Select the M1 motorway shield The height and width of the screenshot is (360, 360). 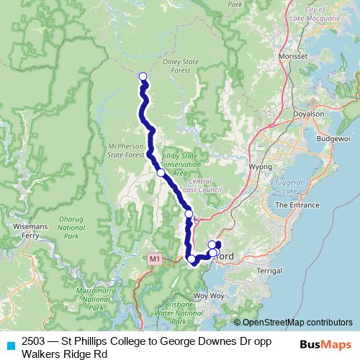coord(156,258)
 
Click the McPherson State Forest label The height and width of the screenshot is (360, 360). coord(126,149)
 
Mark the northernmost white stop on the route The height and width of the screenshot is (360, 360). coord(143,76)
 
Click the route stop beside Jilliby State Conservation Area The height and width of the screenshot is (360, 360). coord(161,173)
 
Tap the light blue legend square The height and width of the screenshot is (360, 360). coord(10,345)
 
